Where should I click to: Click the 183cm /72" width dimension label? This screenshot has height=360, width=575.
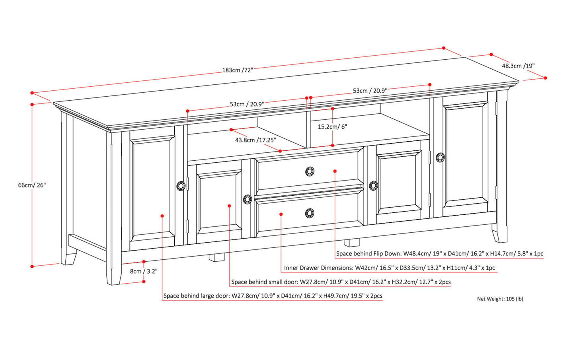238,70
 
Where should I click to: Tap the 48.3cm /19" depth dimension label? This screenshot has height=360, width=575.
518,66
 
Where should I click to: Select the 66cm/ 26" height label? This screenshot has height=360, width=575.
32,185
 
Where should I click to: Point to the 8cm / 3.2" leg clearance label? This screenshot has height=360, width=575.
144,271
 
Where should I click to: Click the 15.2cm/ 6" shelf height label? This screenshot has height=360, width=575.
332,126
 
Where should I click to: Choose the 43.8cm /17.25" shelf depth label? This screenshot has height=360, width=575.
255,140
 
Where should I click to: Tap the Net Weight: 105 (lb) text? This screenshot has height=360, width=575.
500,299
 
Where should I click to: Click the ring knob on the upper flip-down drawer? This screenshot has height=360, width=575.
310,171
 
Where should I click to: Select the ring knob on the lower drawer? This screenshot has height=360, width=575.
309,213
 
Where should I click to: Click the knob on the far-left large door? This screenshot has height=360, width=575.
181,186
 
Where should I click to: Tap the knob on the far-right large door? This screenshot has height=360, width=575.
440,158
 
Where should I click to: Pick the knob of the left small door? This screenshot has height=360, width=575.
247,199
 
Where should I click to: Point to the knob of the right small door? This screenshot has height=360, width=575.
373,185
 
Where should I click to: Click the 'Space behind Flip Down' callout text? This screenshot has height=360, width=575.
439,254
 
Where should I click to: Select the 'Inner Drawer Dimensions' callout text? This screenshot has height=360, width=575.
389,268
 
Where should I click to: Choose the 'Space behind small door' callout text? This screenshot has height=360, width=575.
341,282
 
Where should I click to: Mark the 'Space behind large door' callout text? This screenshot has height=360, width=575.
273,296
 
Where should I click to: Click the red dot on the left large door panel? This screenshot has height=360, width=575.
162,216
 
